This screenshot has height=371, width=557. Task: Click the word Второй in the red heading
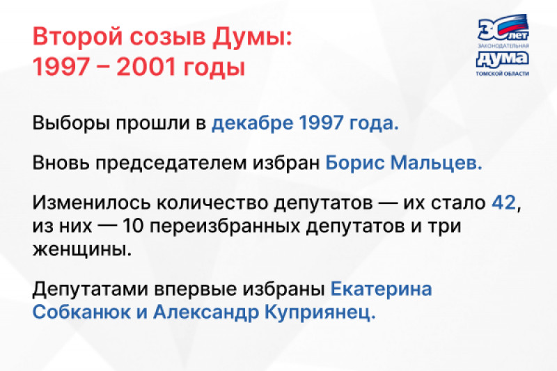78,36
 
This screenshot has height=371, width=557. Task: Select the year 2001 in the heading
146,66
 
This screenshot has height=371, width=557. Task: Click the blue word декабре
253,123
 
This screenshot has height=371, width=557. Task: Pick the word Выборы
71,123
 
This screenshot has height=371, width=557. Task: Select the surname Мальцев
437,163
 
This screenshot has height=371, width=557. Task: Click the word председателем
171,164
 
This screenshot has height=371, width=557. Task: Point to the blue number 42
503,203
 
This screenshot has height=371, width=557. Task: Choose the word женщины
82,250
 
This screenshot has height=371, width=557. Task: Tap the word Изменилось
92,203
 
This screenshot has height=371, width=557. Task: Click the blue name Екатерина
381,290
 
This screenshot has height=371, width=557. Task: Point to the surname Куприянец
320,313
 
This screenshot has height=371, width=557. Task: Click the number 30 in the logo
493,29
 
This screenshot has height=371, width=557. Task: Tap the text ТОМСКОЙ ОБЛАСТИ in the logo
502,74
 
